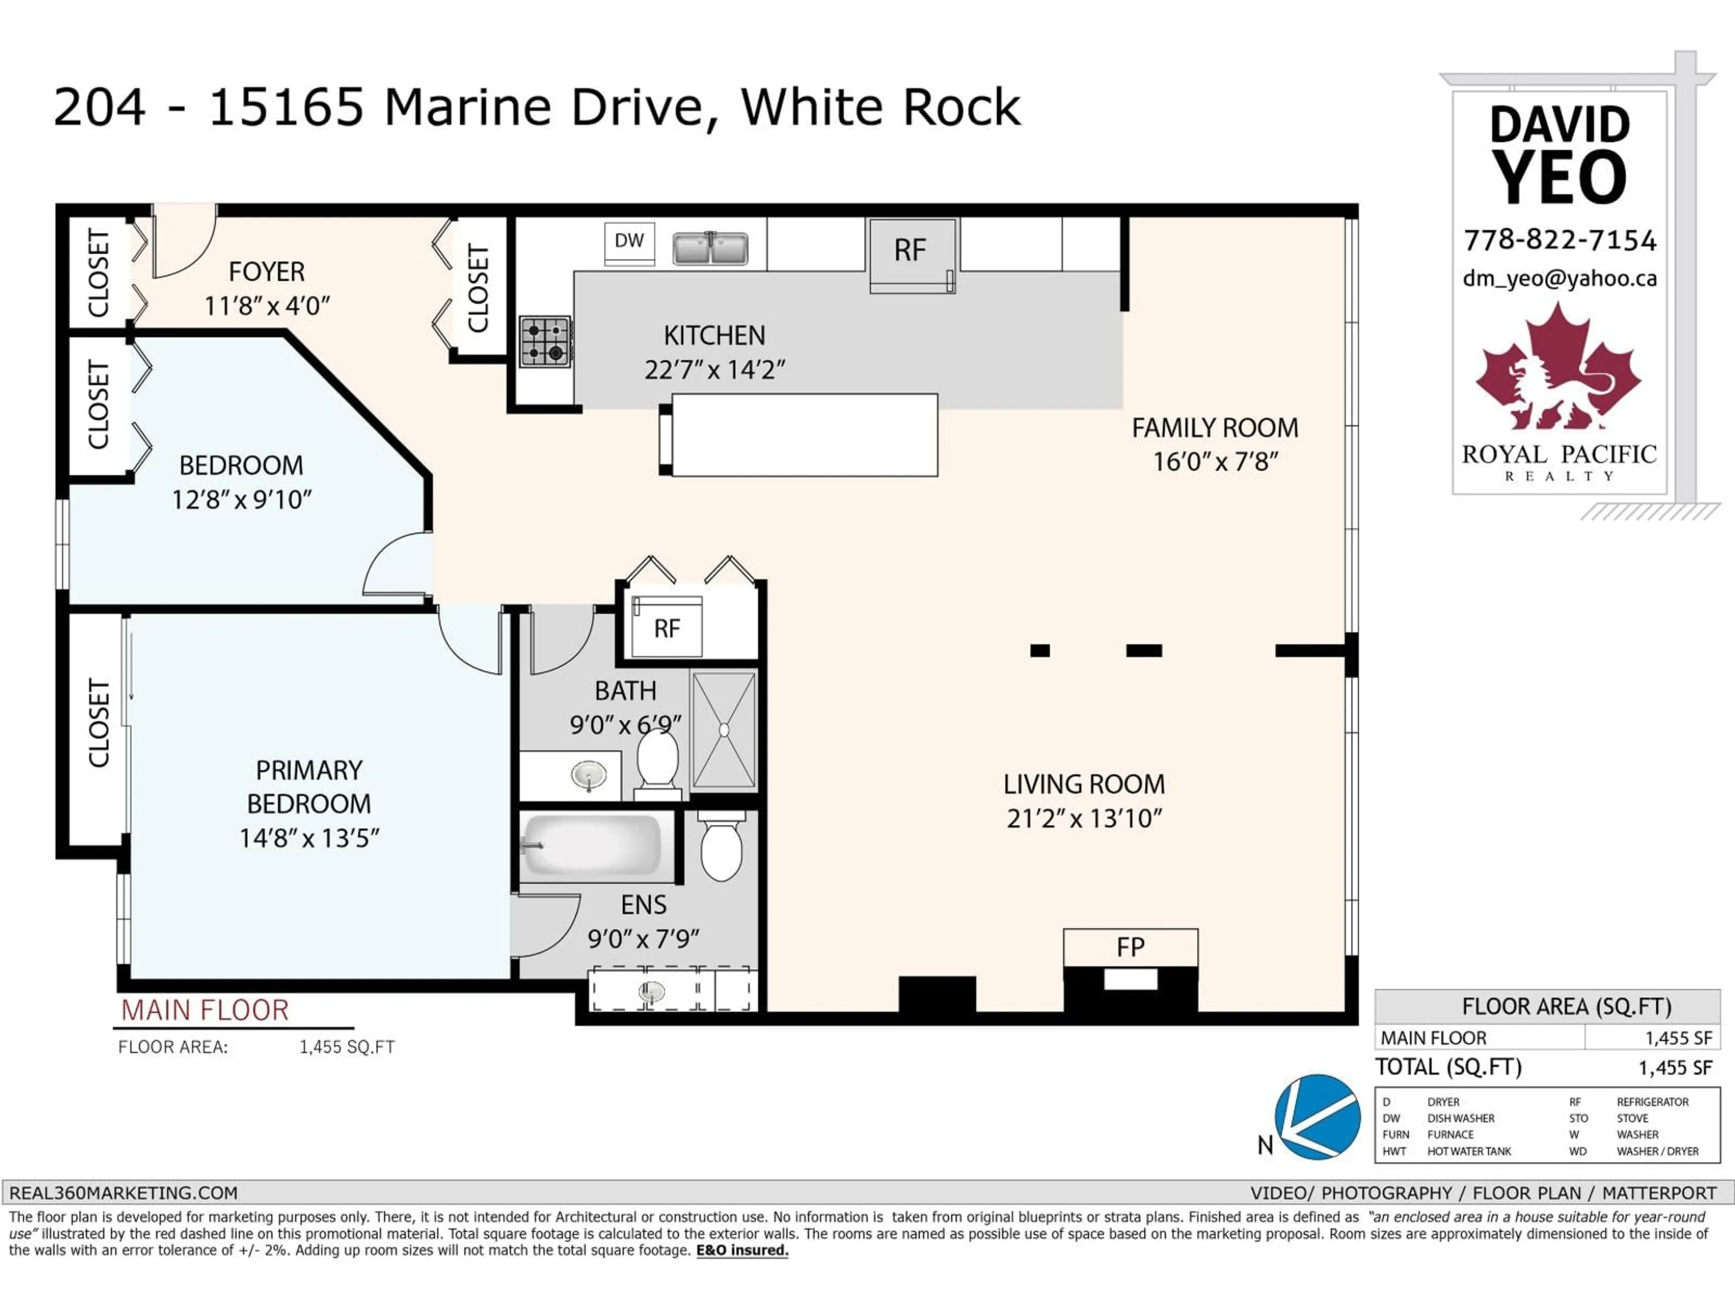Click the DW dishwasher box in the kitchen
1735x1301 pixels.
click(x=629, y=242)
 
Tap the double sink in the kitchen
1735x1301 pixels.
click(x=710, y=248)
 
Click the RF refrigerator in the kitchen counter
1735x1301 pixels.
click(x=911, y=253)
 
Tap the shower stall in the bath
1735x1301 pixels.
click(x=723, y=729)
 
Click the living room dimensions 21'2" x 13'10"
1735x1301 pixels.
click(x=1084, y=819)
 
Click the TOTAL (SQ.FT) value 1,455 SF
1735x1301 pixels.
click(x=1674, y=1068)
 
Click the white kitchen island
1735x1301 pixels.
click(x=804, y=435)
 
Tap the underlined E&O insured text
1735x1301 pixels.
click(x=742, y=1250)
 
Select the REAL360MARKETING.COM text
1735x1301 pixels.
click(x=123, y=1193)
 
